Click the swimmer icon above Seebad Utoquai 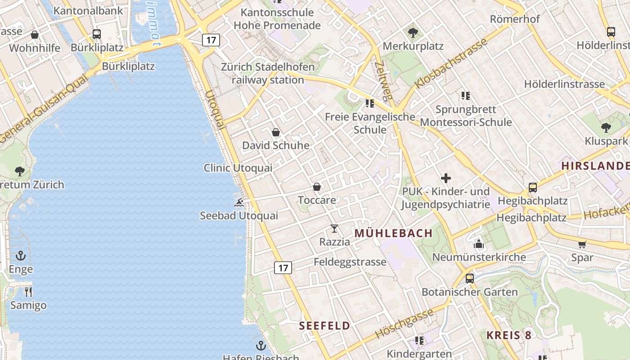(239, 202)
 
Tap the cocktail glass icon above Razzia (334, 229)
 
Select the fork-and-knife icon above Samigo (28, 292)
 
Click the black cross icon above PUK (446, 178)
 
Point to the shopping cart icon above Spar (582, 244)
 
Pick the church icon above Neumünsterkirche (478, 244)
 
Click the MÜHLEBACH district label (393, 233)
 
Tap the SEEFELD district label (324, 326)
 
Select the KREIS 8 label (509, 335)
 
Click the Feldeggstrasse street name (350, 261)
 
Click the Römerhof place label (514, 19)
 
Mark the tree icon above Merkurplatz (413, 33)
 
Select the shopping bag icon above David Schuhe (276, 132)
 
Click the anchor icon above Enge (21, 256)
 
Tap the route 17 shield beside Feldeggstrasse (283, 268)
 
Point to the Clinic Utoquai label (238, 168)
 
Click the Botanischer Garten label (469, 292)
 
